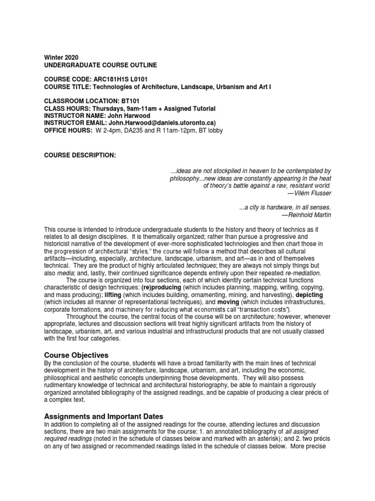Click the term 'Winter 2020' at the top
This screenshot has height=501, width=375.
pos(61,57)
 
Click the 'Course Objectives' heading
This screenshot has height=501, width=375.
pos(77,354)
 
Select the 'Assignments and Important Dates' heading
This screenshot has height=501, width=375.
pos(104,416)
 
